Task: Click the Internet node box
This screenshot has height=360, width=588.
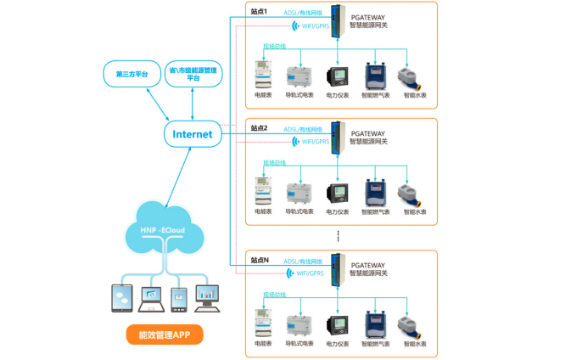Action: point(193,134)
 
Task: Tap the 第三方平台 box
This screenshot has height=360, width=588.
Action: point(132,74)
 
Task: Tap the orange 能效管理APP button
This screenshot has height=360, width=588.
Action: point(165,335)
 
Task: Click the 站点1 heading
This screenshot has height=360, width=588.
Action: point(259,12)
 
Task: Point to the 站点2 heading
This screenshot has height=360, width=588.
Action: point(259,128)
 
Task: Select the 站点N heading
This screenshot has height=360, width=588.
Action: point(260,260)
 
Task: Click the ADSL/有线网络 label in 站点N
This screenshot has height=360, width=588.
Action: point(303,262)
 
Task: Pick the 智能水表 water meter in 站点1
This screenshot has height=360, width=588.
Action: point(413,77)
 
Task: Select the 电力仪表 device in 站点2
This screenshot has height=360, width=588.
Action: point(338,194)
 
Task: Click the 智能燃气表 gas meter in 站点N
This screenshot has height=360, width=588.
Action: point(375,325)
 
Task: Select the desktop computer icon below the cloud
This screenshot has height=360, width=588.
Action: point(207,297)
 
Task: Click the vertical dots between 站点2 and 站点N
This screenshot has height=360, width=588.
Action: point(338,236)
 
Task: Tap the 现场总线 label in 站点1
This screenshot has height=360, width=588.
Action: point(274,46)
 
